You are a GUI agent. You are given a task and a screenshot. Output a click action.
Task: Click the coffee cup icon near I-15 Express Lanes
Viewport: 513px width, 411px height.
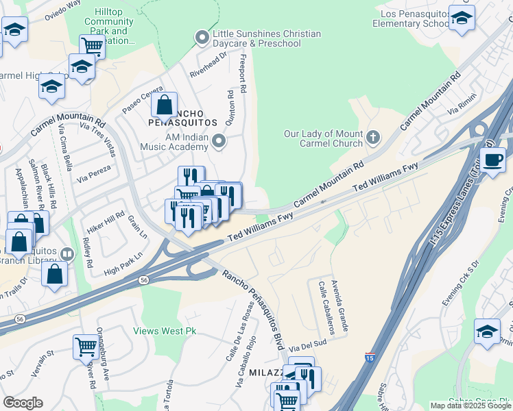[492, 161]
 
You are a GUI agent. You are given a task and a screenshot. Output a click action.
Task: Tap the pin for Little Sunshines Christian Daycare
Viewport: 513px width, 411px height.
[202, 36]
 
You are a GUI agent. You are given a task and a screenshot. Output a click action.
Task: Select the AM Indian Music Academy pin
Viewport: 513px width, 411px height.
[219, 141]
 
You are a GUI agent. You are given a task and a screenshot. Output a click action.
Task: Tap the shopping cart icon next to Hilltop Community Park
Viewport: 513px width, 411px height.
[91, 47]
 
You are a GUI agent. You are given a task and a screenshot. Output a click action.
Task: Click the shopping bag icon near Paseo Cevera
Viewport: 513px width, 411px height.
[164, 105]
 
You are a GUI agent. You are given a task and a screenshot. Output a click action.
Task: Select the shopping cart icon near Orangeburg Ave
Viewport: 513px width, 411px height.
[85, 346]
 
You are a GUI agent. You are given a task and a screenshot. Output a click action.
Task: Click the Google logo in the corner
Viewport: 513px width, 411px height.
[23, 403]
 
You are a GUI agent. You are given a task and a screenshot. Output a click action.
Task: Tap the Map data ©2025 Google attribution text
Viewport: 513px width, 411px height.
[470, 406]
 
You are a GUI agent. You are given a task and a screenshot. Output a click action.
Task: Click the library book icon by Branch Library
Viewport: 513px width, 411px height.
[67, 254]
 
